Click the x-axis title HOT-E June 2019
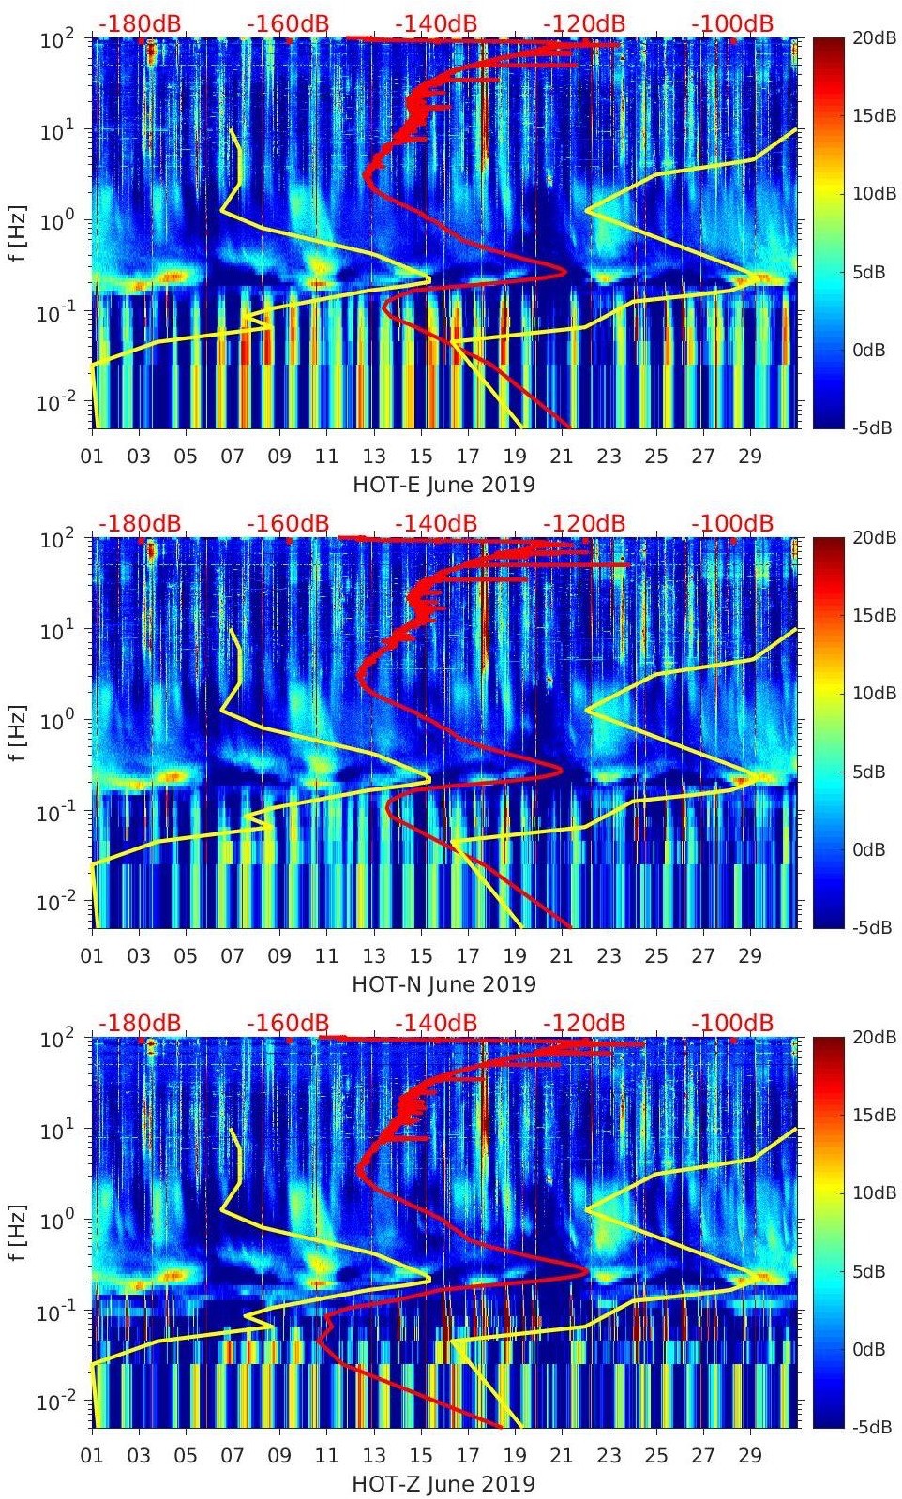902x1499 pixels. (443, 485)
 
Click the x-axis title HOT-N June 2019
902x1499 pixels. (443, 984)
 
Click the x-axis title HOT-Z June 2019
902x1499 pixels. (443, 1484)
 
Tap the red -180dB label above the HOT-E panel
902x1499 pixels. (140, 23)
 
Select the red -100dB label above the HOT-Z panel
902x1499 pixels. (732, 1023)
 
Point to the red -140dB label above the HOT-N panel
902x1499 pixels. (436, 523)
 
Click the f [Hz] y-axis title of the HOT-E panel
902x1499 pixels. (18, 232)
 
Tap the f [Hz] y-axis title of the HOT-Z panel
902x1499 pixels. (18, 1232)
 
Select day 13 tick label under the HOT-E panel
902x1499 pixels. (374, 457)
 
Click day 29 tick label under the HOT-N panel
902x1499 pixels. (750, 956)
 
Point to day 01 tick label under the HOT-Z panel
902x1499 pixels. (92, 1456)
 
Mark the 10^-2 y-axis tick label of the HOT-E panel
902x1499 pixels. (54, 403)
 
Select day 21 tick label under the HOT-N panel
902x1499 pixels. (562, 956)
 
